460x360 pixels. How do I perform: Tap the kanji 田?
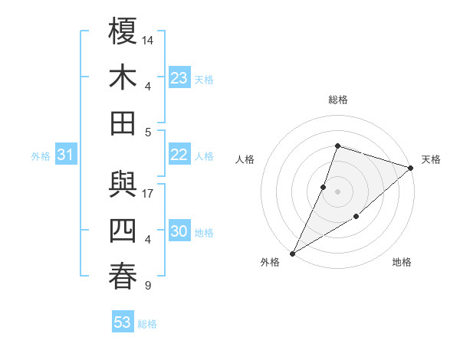123,123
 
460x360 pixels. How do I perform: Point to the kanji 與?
123,185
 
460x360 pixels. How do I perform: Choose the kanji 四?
123,231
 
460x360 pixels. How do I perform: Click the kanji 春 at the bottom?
123,277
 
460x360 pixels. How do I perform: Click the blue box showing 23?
179,78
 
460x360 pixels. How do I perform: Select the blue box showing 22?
179,155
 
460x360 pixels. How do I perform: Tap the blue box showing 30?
179,232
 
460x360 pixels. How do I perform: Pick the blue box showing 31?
66,155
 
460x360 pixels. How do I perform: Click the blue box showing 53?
123,322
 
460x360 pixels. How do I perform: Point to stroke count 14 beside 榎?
148,39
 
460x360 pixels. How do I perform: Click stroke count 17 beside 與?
148,193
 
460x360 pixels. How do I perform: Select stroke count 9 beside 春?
147,286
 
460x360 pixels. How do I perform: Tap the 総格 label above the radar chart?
337,100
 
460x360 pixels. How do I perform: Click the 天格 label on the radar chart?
431,159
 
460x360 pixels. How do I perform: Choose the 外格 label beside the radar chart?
270,262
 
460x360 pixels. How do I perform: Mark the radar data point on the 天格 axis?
411,168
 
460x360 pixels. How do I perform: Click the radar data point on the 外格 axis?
292,253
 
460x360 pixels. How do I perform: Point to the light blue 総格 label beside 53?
147,324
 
